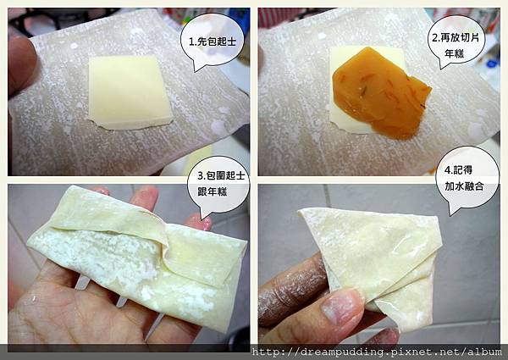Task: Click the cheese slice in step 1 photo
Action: pos(130,92)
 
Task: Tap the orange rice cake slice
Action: pos(381,94)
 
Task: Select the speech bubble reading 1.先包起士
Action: pos(213,42)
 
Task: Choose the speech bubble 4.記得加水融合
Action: pos(467,180)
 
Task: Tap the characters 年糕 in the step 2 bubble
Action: pos(454,53)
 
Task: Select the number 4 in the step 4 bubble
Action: pos(448,170)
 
